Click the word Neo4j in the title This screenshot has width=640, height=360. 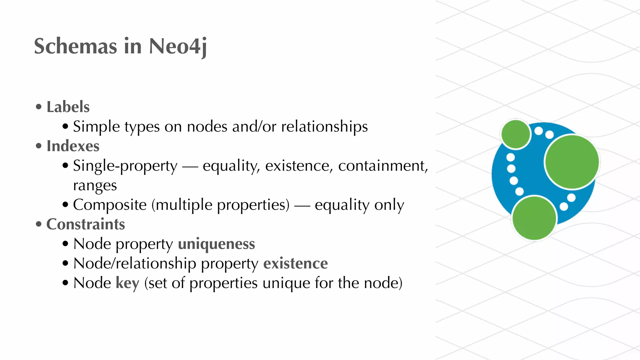(177, 46)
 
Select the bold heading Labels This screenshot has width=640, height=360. (68, 107)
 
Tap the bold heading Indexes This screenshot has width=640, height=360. (73, 146)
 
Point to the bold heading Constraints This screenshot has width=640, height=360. (86, 224)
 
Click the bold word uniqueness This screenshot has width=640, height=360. (217, 244)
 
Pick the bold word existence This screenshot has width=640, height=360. (296, 263)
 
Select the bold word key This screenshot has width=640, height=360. (127, 283)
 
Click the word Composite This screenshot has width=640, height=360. (110, 205)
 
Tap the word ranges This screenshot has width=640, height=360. (95, 186)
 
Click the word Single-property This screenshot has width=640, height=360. (125, 166)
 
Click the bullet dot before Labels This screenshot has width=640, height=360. (39, 107)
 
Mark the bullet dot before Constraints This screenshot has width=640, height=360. (39, 224)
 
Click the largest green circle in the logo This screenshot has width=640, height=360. (572, 162)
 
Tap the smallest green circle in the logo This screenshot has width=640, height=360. (516, 134)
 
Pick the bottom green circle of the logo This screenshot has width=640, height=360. (534, 218)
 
